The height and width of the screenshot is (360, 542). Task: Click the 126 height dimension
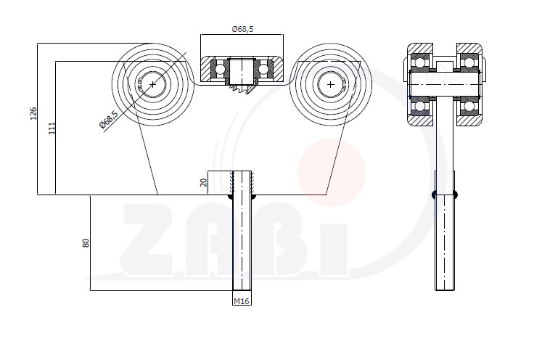point(33,113)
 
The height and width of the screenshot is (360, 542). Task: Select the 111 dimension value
point(52,128)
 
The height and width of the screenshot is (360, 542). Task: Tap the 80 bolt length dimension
point(86,243)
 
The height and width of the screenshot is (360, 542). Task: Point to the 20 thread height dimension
point(204,182)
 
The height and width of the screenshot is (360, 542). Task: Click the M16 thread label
point(242,301)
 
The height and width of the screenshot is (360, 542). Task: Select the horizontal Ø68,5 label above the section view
point(242,29)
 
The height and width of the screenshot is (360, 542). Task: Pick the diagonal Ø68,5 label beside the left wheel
point(109,119)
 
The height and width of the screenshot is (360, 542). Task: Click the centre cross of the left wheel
point(153,84)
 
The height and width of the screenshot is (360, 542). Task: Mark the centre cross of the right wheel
point(331,84)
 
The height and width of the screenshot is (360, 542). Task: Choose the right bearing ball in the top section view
point(263,68)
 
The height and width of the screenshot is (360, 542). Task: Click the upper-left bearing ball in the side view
point(420,62)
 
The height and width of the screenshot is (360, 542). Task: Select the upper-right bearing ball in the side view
point(469,62)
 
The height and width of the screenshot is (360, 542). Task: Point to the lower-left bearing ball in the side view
point(420,106)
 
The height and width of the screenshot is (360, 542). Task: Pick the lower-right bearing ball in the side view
point(469,106)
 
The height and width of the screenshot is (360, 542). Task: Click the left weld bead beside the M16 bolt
point(231,197)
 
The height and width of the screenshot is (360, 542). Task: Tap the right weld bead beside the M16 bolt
point(253,197)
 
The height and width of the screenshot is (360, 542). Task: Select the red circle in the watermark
point(332,173)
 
